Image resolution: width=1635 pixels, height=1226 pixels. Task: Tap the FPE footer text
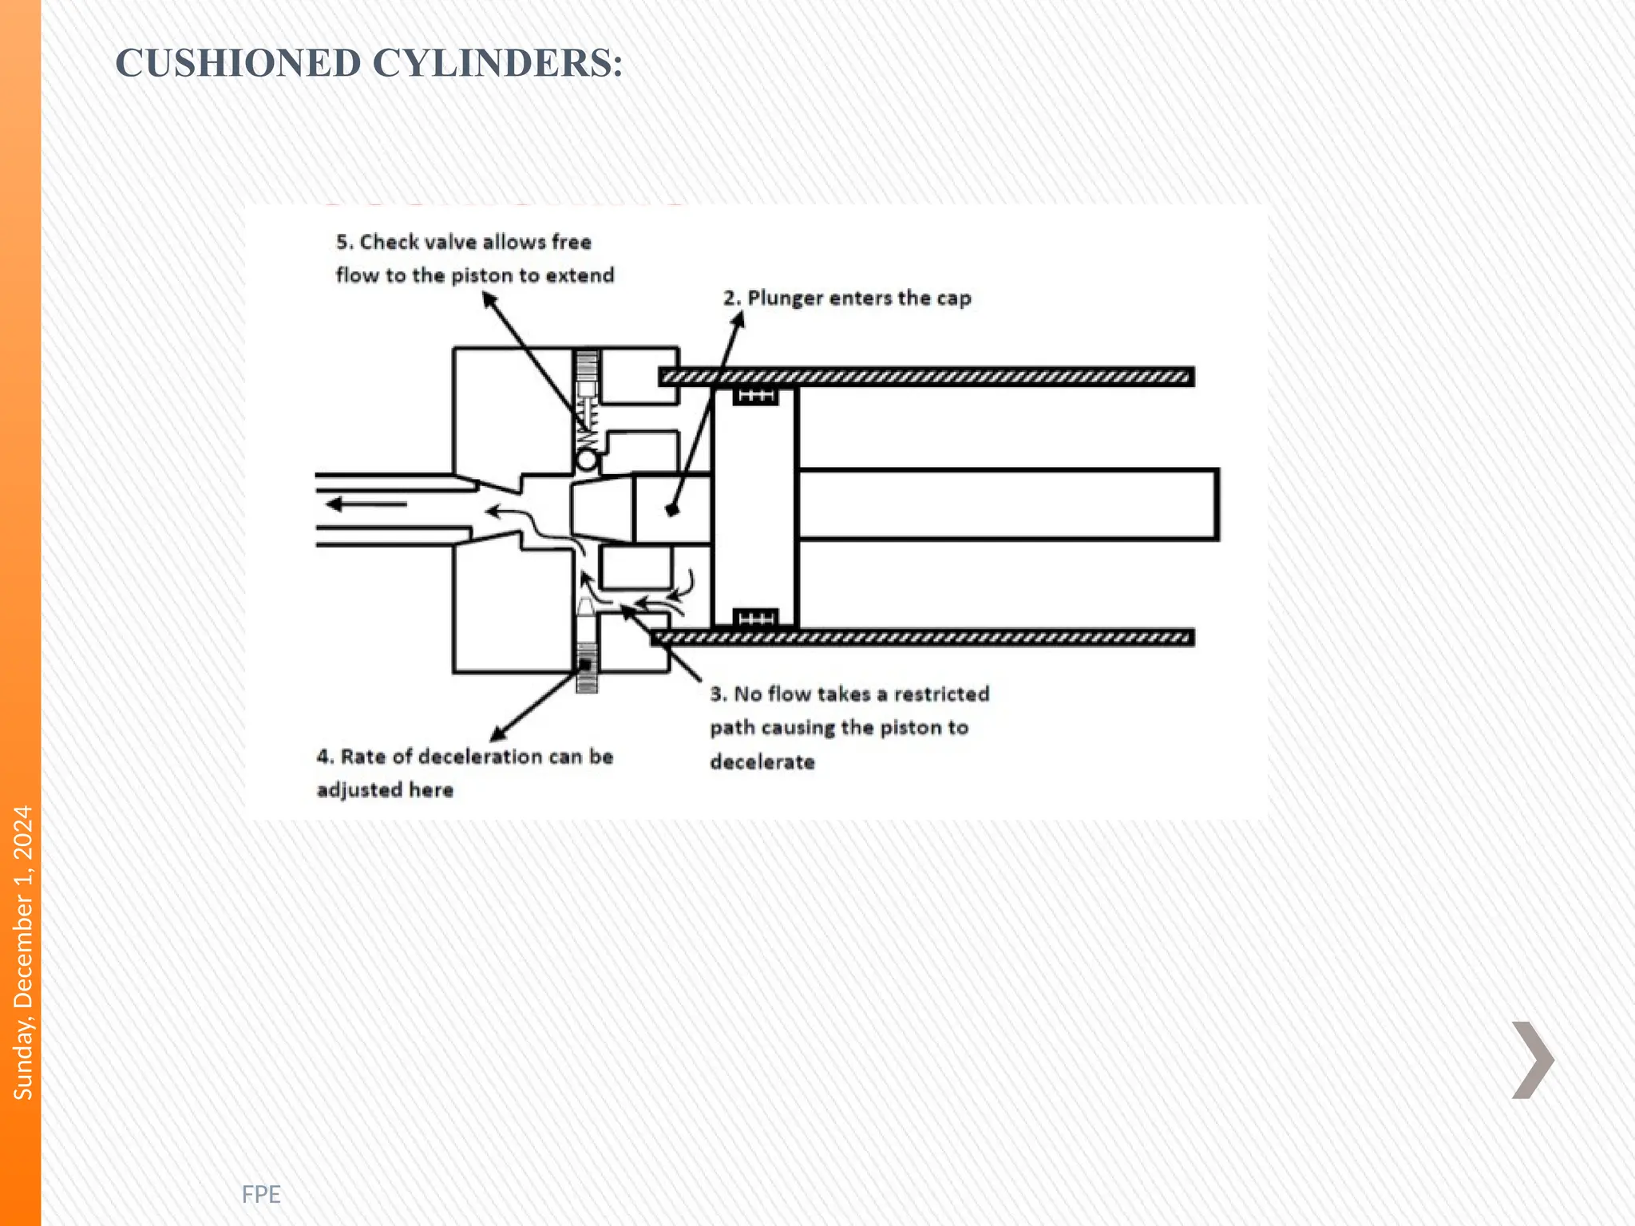pos(261,1194)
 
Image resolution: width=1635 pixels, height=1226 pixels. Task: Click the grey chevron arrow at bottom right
pos(1532,1060)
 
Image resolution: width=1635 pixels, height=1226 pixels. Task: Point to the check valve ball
pos(587,461)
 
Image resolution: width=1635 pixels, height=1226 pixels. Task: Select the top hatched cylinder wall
pos(926,377)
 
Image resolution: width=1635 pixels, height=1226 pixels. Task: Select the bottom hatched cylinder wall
pos(922,637)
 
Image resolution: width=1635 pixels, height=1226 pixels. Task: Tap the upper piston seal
pos(755,396)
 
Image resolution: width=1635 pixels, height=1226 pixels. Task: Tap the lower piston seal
pos(755,619)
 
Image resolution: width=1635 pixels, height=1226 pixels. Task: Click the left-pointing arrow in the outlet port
pos(366,504)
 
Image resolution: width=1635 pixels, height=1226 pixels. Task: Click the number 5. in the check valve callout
pos(344,242)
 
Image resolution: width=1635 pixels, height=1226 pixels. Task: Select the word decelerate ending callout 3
pos(762,762)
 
